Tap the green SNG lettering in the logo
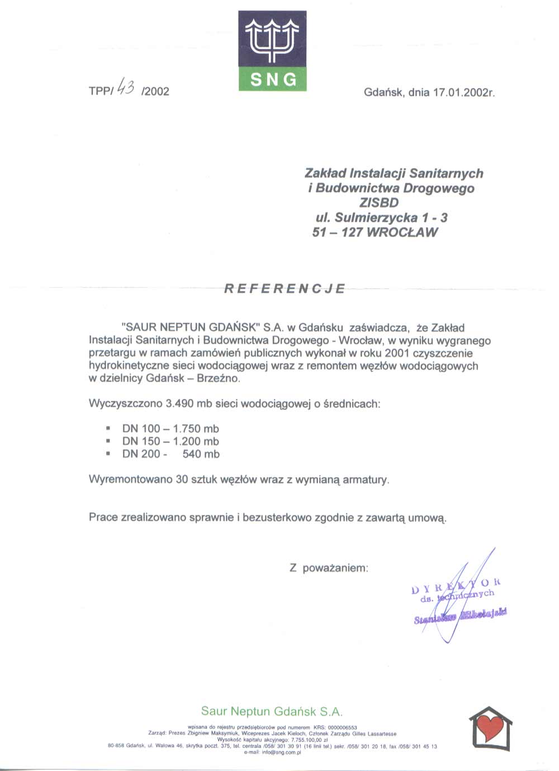(273, 80)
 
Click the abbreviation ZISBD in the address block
(378, 203)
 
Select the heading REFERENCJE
(285, 289)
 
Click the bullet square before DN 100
(108, 429)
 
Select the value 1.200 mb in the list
(196, 441)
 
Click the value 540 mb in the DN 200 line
(201, 454)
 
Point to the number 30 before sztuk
(182, 479)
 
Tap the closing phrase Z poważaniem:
(329, 568)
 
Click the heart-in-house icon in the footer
(490, 728)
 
